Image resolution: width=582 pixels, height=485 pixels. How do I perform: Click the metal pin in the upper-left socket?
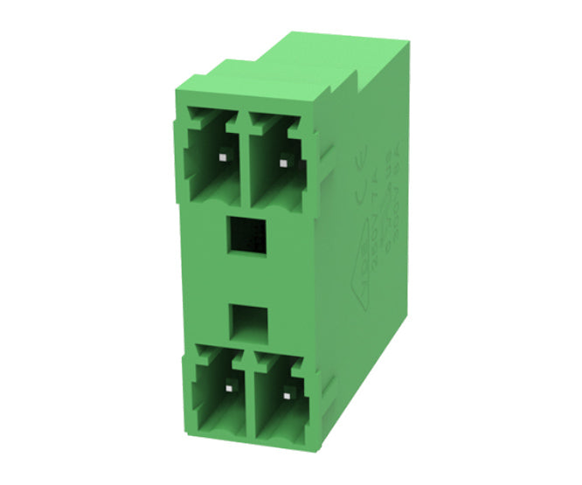pos(222,157)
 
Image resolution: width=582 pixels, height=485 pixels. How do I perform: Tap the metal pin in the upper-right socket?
pos(282,161)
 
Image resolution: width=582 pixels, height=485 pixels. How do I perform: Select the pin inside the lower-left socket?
pos(228,385)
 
